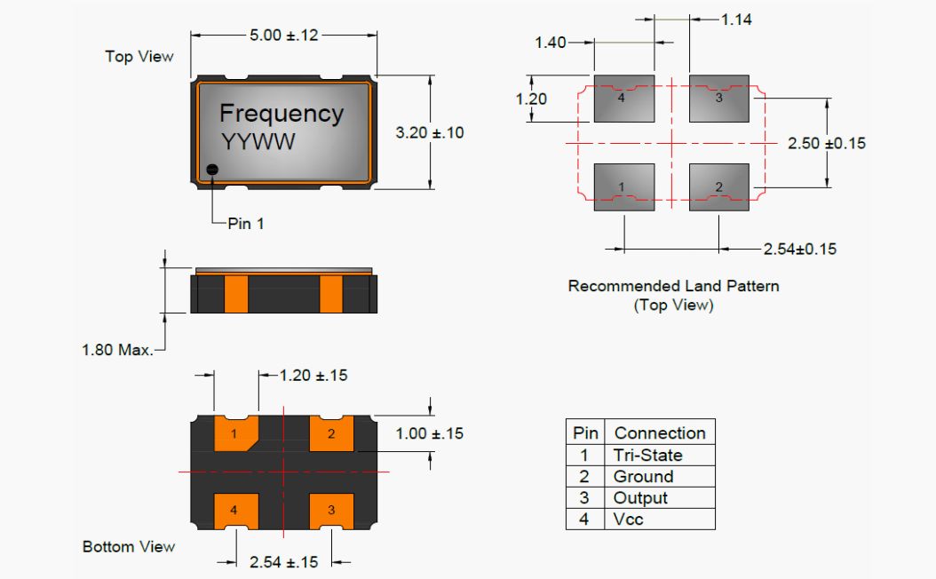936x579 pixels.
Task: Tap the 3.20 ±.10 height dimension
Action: [429, 132]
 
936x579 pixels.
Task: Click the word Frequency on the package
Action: [281, 114]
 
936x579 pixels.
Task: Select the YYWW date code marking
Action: [258, 141]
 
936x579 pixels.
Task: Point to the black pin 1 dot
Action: [212, 170]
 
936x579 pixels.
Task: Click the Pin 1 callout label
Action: [246, 224]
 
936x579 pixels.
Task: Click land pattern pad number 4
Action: [623, 98]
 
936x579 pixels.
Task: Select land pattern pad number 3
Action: [719, 98]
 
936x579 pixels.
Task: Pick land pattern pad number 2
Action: [719, 186]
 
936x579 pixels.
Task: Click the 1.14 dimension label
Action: [736, 20]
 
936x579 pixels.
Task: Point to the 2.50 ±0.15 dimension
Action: [826, 143]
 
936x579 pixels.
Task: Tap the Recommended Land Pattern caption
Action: [673, 286]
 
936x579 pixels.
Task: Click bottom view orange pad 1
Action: [235, 434]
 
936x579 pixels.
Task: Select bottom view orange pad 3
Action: [331, 510]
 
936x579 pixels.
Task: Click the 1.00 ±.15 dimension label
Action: [429, 434]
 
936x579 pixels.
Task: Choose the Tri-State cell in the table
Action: [647, 455]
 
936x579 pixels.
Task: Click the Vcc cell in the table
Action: [629, 520]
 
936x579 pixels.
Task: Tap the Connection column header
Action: [659, 433]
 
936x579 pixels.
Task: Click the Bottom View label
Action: [129, 546]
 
